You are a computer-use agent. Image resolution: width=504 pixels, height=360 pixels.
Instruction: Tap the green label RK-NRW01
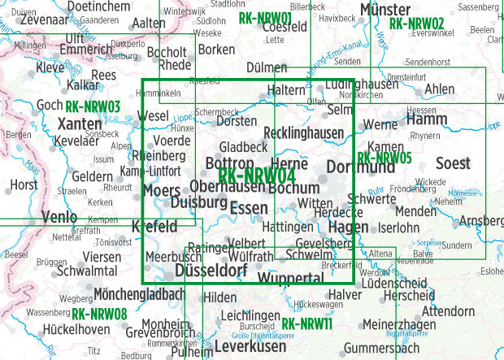click(266, 18)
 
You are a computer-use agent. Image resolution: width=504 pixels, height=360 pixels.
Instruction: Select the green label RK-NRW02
click(417, 24)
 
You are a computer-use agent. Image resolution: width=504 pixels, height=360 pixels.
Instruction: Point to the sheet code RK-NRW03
click(93, 106)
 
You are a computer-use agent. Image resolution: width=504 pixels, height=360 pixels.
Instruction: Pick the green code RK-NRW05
click(385, 158)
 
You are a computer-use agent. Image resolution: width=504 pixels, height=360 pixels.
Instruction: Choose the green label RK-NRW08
click(99, 313)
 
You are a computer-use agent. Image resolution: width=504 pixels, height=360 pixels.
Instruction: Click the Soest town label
click(453, 162)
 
